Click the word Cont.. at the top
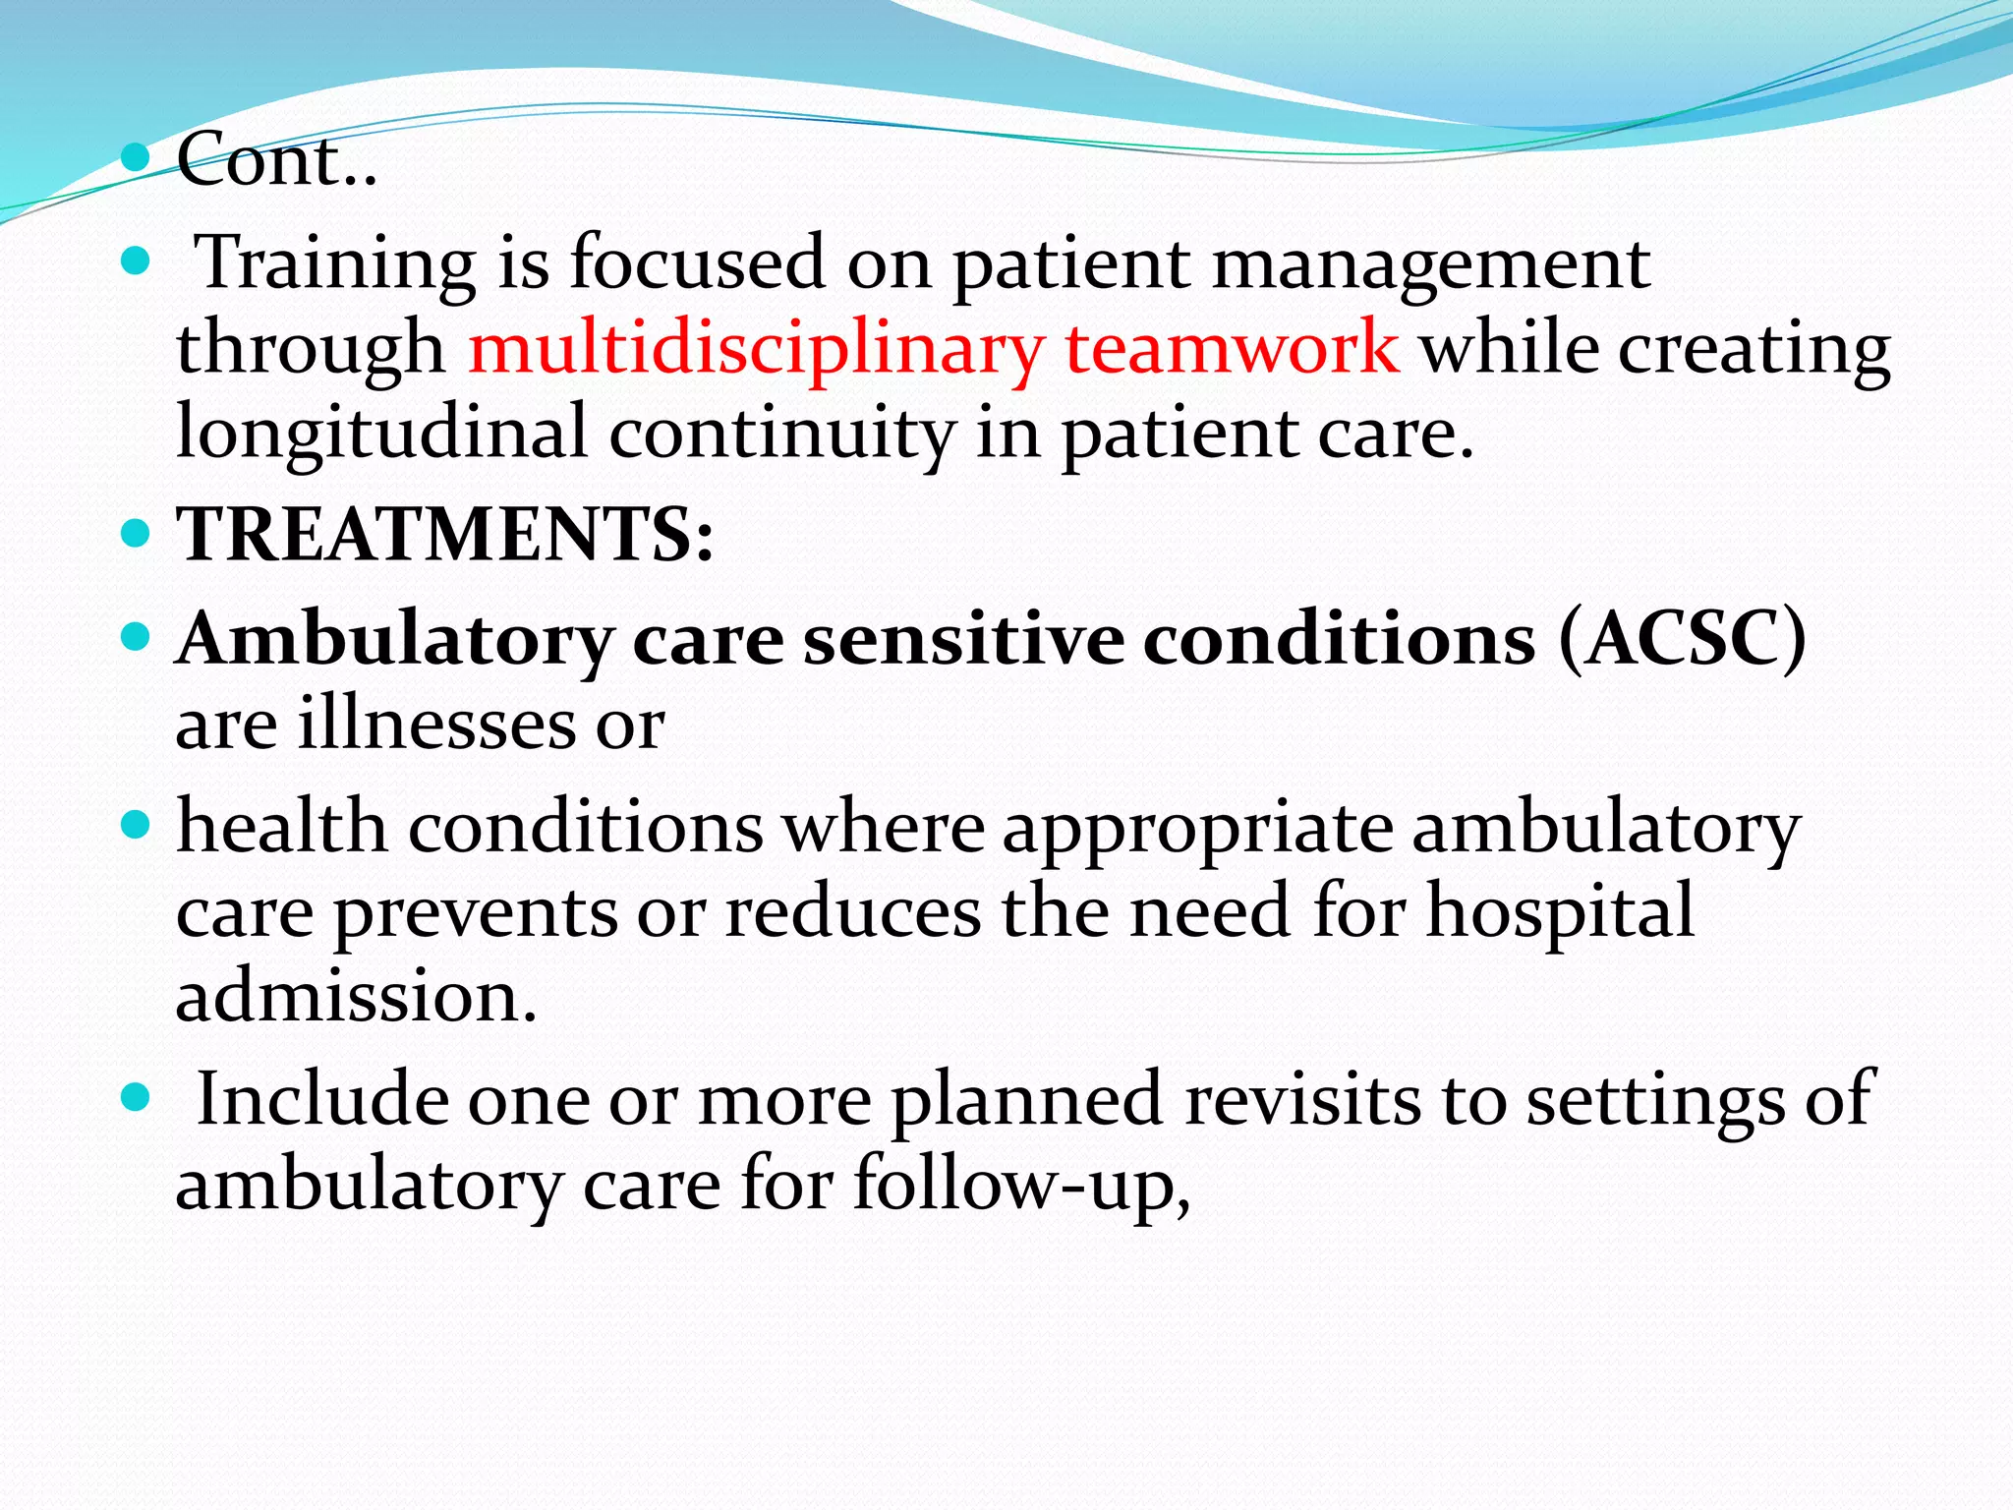(x=276, y=159)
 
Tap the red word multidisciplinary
(x=755, y=349)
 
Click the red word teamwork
(x=1233, y=349)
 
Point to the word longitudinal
(x=381, y=434)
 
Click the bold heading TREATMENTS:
(x=445, y=536)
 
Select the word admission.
(x=356, y=996)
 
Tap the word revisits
(x=1302, y=1099)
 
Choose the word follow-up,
(x=1021, y=1184)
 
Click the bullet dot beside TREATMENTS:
(x=136, y=535)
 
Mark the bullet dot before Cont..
(x=136, y=156)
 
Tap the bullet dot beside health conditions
(x=136, y=825)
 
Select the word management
(x=1431, y=263)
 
